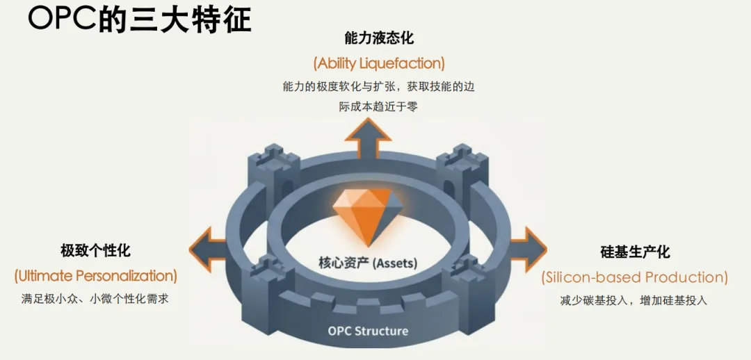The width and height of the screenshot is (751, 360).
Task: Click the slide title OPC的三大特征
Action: pos(139,19)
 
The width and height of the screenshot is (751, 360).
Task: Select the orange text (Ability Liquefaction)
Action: pos(378,63)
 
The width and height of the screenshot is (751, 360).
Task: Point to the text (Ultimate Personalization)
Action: pos(95,276)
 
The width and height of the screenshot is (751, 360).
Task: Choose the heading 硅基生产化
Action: pos(635,252)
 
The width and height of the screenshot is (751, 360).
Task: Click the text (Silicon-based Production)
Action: pos(634,277)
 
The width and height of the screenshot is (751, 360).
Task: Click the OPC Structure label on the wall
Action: pos(368,331)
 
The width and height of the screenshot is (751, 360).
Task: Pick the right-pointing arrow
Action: pos(530,245)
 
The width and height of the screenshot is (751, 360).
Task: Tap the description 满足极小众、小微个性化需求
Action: pos(95,300)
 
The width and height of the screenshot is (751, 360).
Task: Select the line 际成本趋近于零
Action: pos(378,107)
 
